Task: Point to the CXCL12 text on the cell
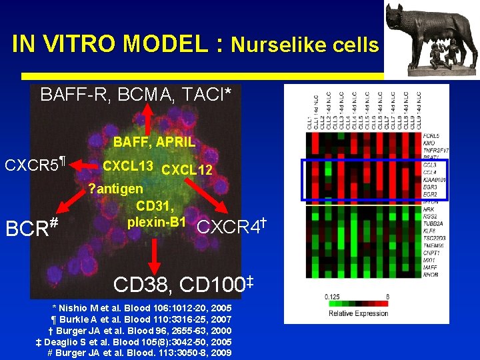coord(187,170)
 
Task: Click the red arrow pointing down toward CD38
coord(155,251)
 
